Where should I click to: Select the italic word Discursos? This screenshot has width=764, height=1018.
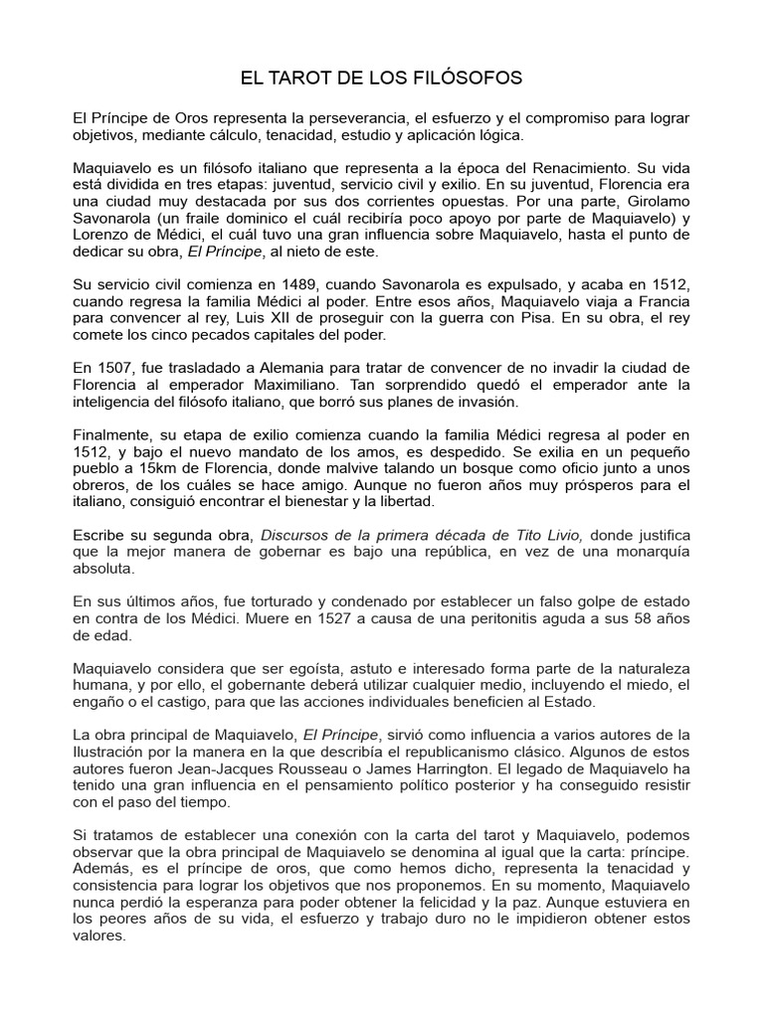295,535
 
